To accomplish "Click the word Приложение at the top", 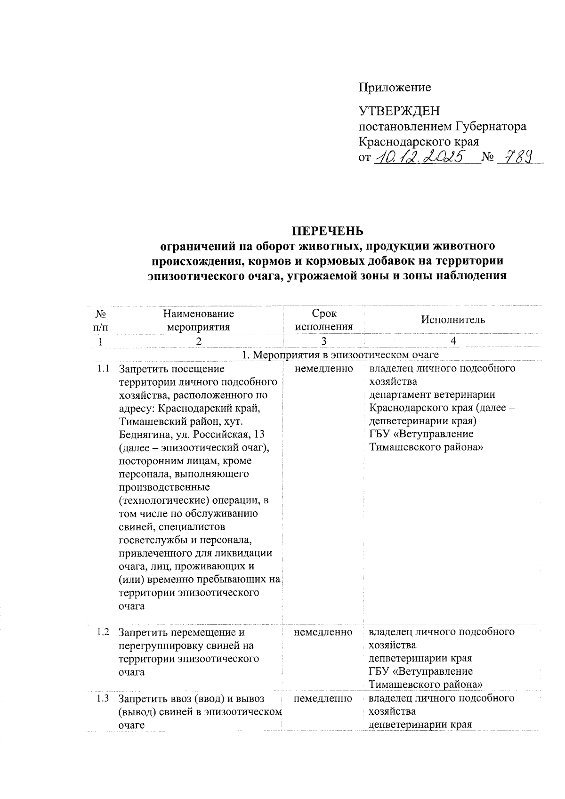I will (x=395, y=87).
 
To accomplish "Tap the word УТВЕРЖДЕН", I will (x=399, y=111).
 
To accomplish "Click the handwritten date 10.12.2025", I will (x=423, y=157).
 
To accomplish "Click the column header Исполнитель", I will (x=452, y=320).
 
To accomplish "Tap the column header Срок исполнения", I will (x=323, y=320).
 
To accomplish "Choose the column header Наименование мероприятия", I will (x=198, y=320).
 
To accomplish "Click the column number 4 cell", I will (x=452, y=341).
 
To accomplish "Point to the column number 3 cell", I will (x=323, y=341).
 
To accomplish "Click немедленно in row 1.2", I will (x=323, y=632).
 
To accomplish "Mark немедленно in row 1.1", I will (x=323, y=368).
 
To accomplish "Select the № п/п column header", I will (x=100, y=320).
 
